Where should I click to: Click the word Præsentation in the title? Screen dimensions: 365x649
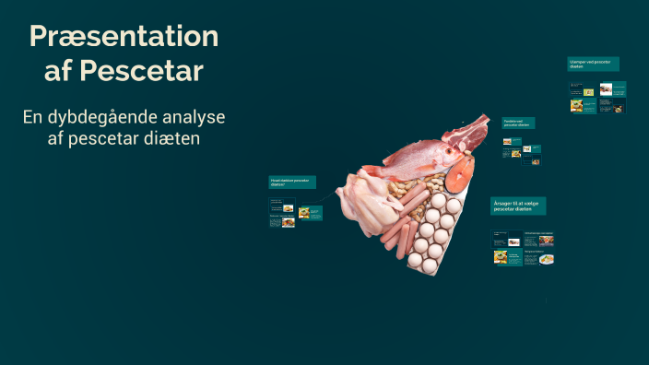124,37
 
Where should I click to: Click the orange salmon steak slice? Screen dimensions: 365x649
459,171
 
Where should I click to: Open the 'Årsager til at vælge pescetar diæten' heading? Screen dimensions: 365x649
519,206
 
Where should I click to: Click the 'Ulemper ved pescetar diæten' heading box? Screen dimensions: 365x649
593,64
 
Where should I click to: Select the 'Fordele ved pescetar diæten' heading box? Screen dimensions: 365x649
518,123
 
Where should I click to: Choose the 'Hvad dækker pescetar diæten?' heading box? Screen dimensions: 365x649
292,182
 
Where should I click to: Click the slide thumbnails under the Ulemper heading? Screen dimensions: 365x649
597,97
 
